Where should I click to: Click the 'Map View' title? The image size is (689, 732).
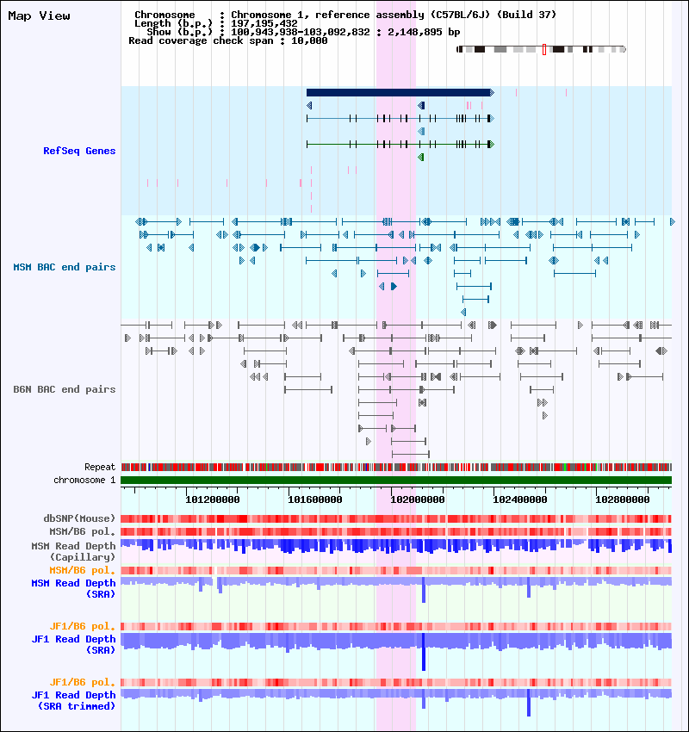(x=40, y=16)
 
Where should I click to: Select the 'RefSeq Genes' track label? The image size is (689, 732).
(x=79, y=151)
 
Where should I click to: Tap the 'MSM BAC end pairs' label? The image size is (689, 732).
(x=65, y=267)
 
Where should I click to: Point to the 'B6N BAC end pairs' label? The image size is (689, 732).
(x=65, y=389)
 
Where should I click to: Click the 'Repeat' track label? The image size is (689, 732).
(x=100, y=467)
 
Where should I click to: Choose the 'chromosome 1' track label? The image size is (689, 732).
(x=84, y=480)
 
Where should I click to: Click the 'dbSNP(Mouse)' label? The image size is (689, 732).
(x=79, y=518)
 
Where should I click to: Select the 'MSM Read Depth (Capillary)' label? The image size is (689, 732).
(x=74, y=551)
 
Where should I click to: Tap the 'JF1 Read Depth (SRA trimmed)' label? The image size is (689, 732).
(x=74, y=701)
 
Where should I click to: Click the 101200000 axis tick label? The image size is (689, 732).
(x=213, y=500)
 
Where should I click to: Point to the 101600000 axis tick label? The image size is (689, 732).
(x=315, y=500)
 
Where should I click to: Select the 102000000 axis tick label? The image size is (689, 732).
(x=418, y=500)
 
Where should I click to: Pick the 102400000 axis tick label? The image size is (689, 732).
(x=520, y=500)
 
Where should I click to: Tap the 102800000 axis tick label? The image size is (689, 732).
(x=623, y=500)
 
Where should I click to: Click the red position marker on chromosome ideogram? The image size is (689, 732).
(x=544, y=49)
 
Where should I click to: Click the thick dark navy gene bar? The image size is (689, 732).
(x=400, y=92)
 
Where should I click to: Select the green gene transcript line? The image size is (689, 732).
(x=400, y=145)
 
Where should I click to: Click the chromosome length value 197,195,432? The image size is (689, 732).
(x=264, y=23)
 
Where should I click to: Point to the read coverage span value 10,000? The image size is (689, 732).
(x=309, y=40)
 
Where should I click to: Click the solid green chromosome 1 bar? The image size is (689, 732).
(x=396, y=480)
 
